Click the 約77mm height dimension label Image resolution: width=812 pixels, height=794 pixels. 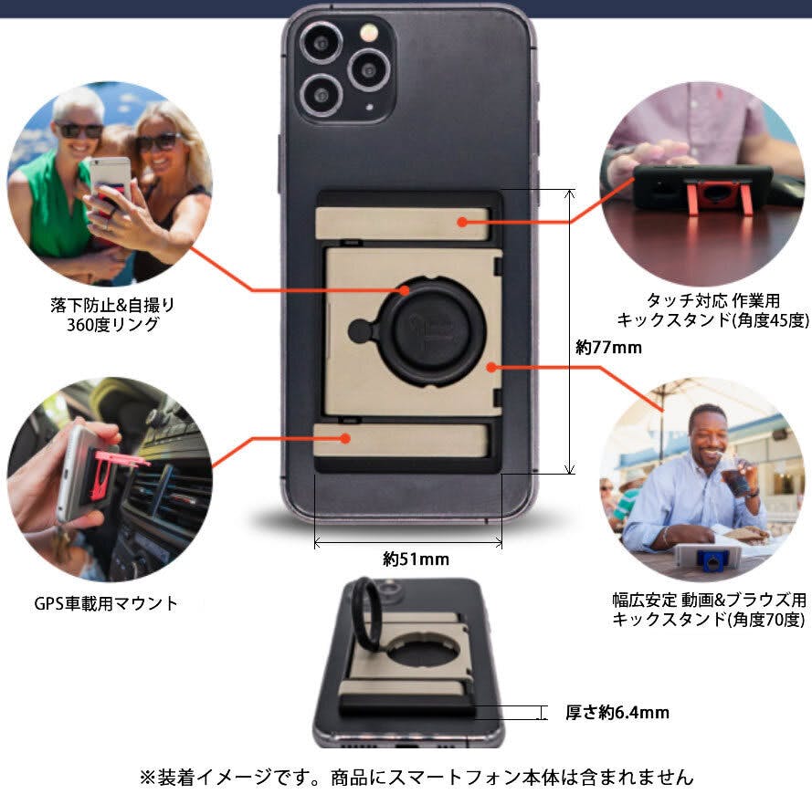click(x=608, y=347)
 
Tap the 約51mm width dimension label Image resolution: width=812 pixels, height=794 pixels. click(x=416, y=559)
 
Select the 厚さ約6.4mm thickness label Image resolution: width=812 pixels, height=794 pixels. click(x=617, y=712)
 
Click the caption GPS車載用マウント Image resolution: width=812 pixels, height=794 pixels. click(x=106, y=603)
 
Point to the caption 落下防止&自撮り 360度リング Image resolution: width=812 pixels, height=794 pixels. click(x=112, y=315)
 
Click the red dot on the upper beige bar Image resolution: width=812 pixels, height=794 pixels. click(x=463, y=222)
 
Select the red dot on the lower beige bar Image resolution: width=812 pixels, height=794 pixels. click(x=345, y=439)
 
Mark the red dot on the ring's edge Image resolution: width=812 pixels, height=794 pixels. click(x=404, y=290)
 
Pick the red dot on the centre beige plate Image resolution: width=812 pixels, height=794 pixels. click(x=492, y=368)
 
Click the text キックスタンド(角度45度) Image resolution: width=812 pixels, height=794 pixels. click(x=712, y=320)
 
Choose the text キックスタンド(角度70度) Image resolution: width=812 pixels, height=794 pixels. click(x=709, y=619)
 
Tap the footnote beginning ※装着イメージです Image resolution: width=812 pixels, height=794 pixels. click(x=416, y=777)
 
